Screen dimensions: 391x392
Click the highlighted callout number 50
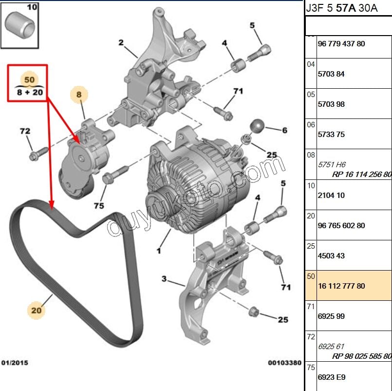(29, 79)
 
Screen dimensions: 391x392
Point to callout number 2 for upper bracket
(121, 42)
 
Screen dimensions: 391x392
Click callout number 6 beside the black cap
(284, 130)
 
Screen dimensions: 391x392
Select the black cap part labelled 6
(257, 126)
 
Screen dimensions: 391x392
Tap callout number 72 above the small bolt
(25, 131)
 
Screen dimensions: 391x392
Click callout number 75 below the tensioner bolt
(99, 206)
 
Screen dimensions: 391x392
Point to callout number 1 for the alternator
(158, 251)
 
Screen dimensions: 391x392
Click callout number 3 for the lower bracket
(164, 279)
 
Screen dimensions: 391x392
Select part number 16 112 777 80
(341, 286)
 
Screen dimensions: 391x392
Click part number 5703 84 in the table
(331, 74)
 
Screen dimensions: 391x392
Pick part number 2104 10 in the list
(331, 195)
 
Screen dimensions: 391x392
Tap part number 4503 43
(331, 256)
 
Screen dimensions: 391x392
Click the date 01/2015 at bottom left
(15, 363)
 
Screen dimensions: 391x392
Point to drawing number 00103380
(284, 363)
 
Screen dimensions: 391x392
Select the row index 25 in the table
(311, 246)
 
